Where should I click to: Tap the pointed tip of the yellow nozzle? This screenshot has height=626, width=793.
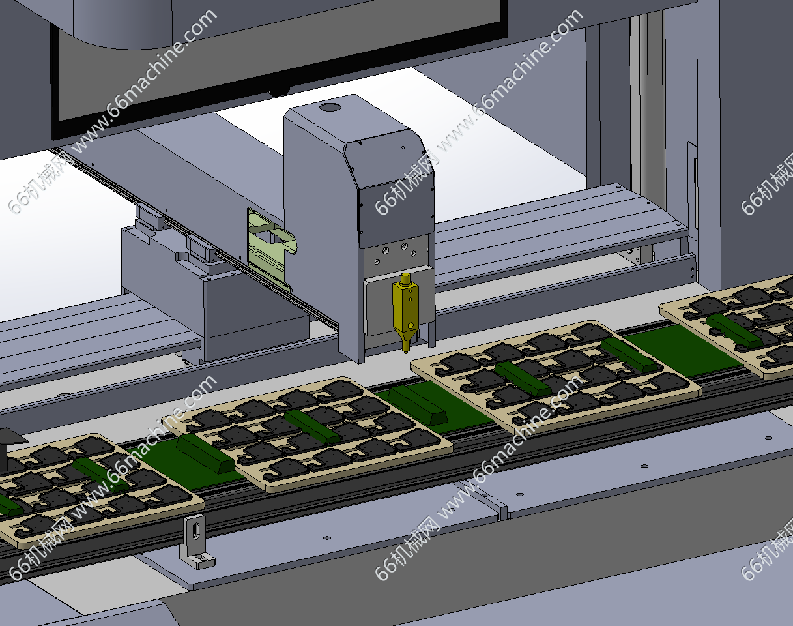coord(406,352)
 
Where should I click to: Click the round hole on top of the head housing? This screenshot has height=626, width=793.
coord(330,108)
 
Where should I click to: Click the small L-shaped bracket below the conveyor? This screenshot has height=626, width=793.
coord(197,543)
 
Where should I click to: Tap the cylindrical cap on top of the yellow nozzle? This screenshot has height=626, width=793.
coord(406,279)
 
